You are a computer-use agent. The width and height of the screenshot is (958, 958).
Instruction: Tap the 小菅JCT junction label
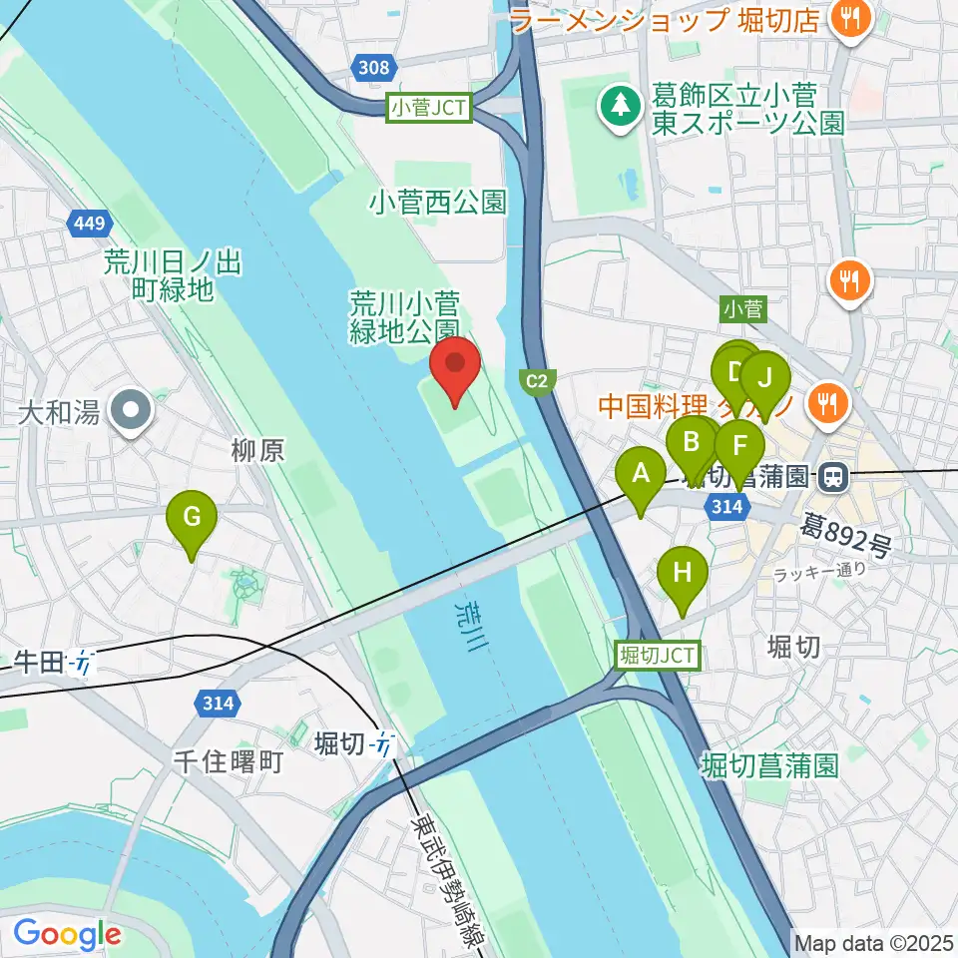pos(429,108)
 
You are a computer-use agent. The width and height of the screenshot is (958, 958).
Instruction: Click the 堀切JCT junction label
pos(658,656)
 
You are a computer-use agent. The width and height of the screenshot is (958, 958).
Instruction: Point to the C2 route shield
pos(538,380)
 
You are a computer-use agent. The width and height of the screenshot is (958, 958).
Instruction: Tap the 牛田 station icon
pos(84,662)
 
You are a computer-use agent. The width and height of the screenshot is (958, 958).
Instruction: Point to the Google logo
pos(67,935)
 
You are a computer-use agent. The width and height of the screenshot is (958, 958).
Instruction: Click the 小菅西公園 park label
pos(437,204)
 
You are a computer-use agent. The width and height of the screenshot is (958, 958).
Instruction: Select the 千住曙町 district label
pos(229,763)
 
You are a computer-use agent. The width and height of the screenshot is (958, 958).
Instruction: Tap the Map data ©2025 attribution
pos(874,942)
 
